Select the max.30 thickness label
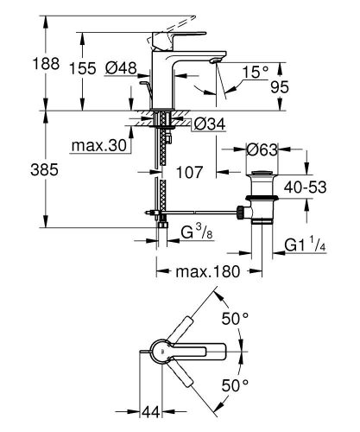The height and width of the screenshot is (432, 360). point(100,147)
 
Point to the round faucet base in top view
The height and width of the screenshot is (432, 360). point(159,353)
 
